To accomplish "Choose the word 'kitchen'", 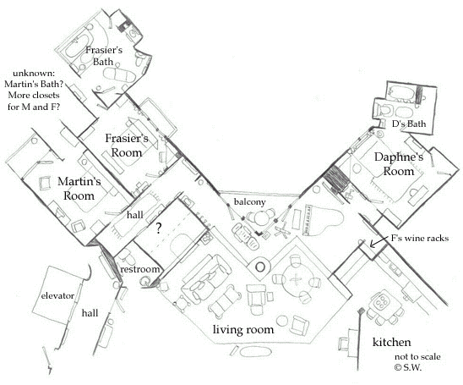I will point(393,343).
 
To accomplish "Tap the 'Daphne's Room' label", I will point(391,163).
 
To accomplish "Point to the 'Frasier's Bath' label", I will point(106,58).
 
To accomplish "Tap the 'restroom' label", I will point(139,269).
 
